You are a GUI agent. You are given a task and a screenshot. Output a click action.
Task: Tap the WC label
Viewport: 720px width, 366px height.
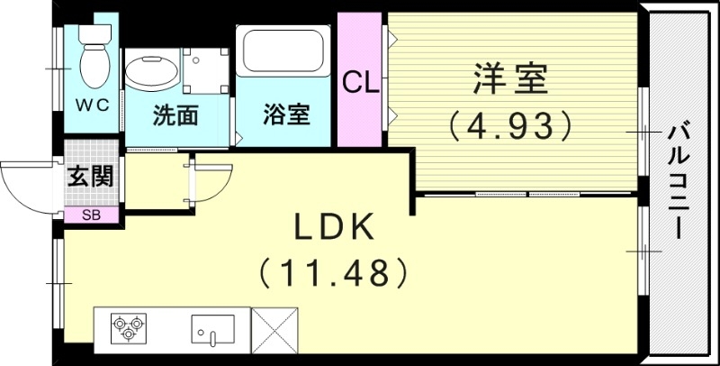(x=92, y=105)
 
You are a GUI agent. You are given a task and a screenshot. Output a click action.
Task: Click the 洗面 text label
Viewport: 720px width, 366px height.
(x=175, y=115)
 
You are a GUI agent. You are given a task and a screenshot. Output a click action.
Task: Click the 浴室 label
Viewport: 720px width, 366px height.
(x=287, y=115)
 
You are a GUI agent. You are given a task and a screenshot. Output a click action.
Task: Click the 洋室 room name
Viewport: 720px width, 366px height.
(x=509, y=80)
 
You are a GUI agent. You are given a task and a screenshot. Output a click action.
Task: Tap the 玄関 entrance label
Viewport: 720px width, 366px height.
(x=91, y=176)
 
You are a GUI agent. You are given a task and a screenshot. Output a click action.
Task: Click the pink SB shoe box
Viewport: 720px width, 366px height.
(x=92, y=215)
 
